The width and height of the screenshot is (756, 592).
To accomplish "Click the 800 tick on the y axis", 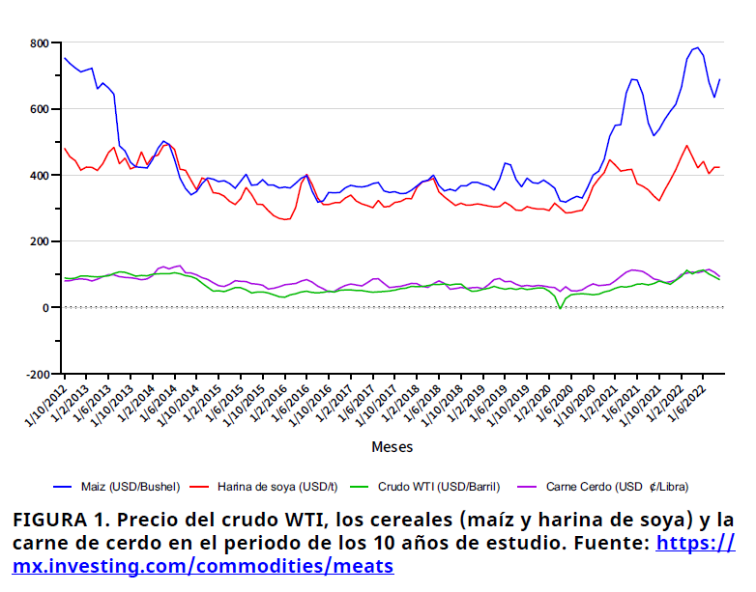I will click(39, 43).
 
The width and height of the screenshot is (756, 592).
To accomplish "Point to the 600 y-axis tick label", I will click(39, 109).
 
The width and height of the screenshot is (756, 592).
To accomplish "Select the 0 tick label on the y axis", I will click(45, 307).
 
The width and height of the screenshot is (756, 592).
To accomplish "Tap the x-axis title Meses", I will click(392, 447).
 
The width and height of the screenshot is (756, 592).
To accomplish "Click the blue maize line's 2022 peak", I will click(696, 47).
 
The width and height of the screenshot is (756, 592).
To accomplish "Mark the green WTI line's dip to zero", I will click(560, 307).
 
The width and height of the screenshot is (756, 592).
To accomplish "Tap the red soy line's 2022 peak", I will click(686, 146).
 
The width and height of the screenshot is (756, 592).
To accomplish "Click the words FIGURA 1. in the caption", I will click(58, 519).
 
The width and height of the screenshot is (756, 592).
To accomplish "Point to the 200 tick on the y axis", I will click(39, 241).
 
